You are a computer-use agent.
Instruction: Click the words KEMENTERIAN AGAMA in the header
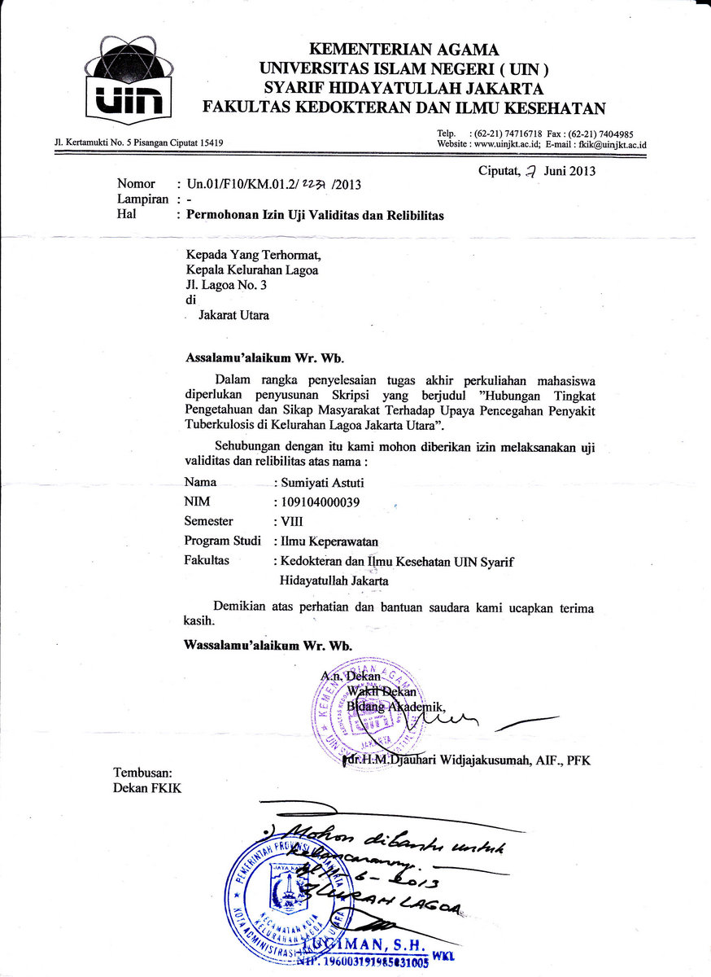(404, 50)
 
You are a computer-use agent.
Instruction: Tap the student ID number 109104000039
(320, 502)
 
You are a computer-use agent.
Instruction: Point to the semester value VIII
(291, 521)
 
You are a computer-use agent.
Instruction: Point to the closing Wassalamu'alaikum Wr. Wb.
(269, 645)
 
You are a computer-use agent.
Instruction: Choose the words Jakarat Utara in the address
(233, 315)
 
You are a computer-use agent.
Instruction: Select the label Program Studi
(223, 541)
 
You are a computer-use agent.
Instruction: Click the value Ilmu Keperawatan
(329, 541)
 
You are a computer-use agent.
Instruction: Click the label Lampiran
(142, 199)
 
